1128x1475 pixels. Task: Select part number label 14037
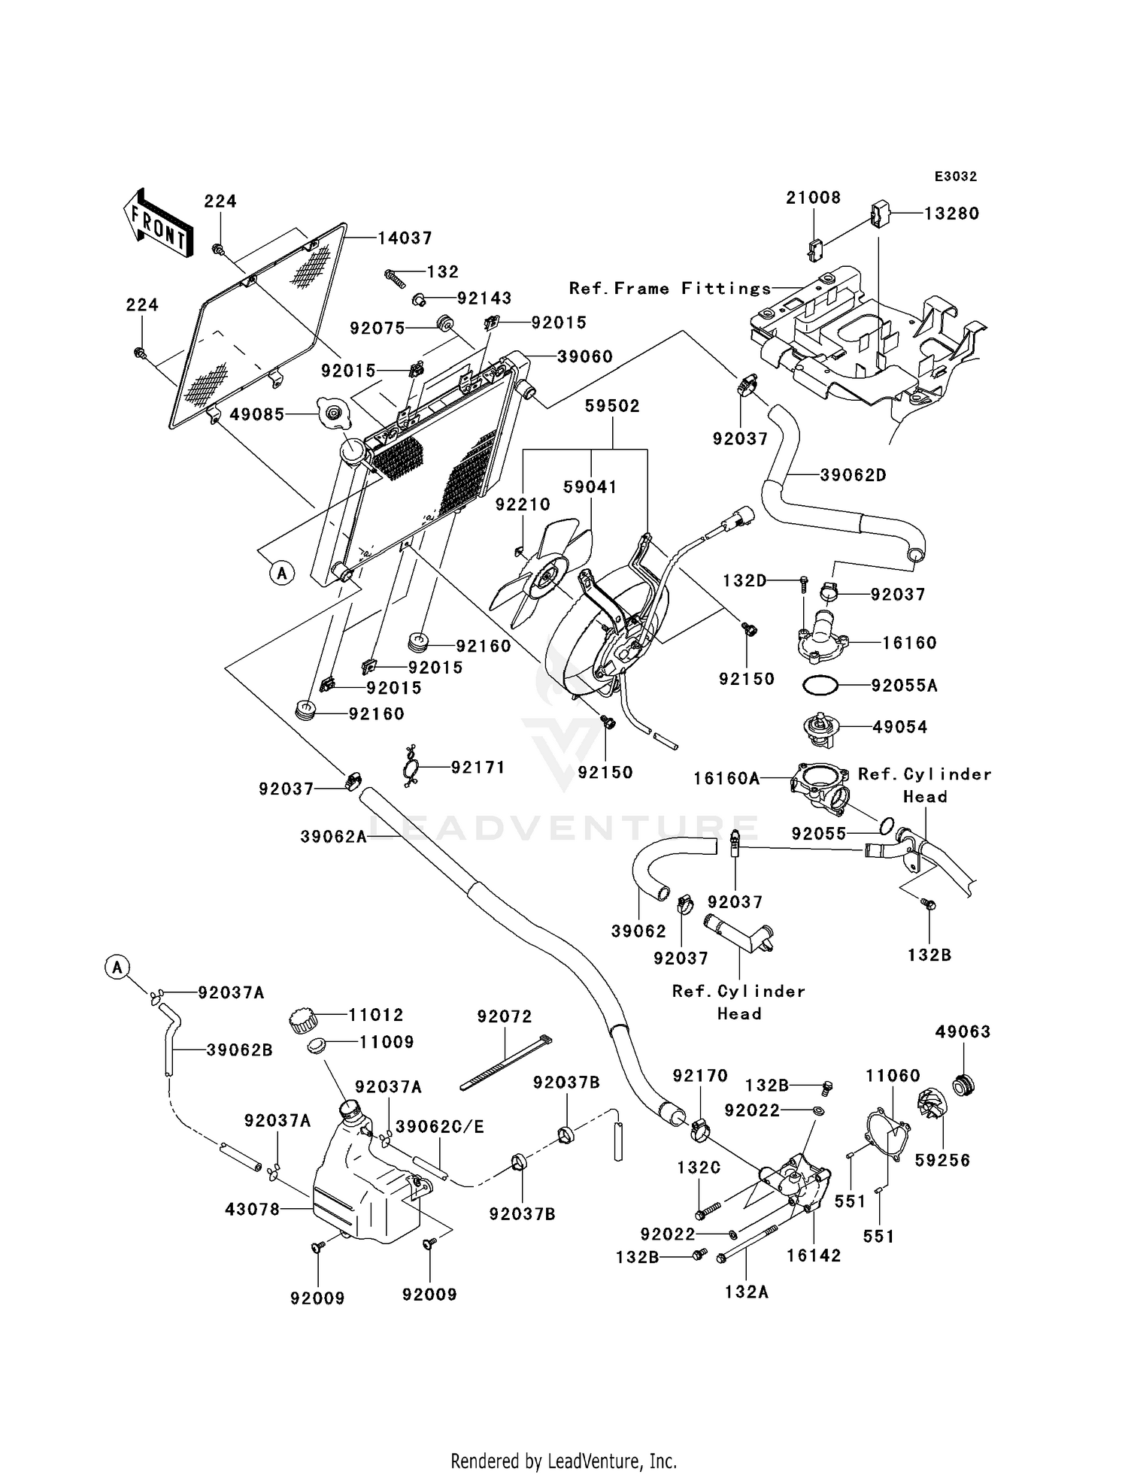pyautogui.click(x=405, y=238)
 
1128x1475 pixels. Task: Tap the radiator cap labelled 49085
pyautogui.click(x=332, y=413)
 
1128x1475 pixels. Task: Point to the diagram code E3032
pyautogui.click(x=955, y=177)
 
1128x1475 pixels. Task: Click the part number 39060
pyautogui.click(x=584, y=356)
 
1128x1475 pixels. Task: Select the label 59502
pyautogui.click(x=612, y=406)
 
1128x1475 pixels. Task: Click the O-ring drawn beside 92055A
pyautogui.click(x=819, y=686)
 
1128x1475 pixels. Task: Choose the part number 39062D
pyautogui.click(x=853, y=475)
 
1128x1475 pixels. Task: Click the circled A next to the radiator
pyautogui.click(x=282, y=574)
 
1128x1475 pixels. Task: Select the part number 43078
pyautogui.click(x=252, y=1209)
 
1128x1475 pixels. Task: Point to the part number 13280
pyautogui.click(x=951, y=214)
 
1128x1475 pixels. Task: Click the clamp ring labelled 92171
pyautogui.click(x=411, y=768)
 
